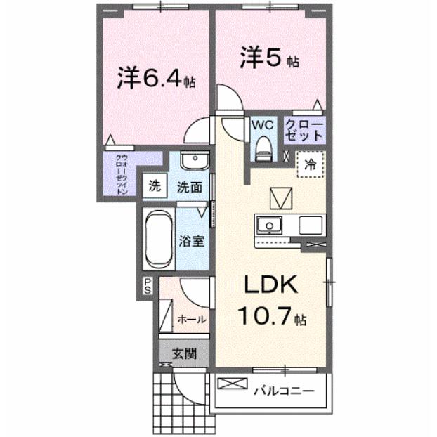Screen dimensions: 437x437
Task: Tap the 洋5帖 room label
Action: (x=270, y=57)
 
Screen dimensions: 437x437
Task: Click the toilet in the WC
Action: (x=263, y=145)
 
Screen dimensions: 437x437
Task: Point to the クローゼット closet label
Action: (x=304, y=130)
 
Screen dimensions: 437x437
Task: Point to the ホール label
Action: (x=192, y=319)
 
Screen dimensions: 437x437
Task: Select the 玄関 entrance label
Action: (x=185, y=353)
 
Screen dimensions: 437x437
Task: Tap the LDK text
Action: (x=271, y=286)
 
